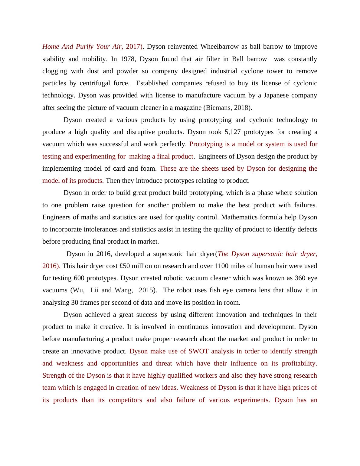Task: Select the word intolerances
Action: (x=99, y=229)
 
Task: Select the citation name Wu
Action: (x=78, y=290)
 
